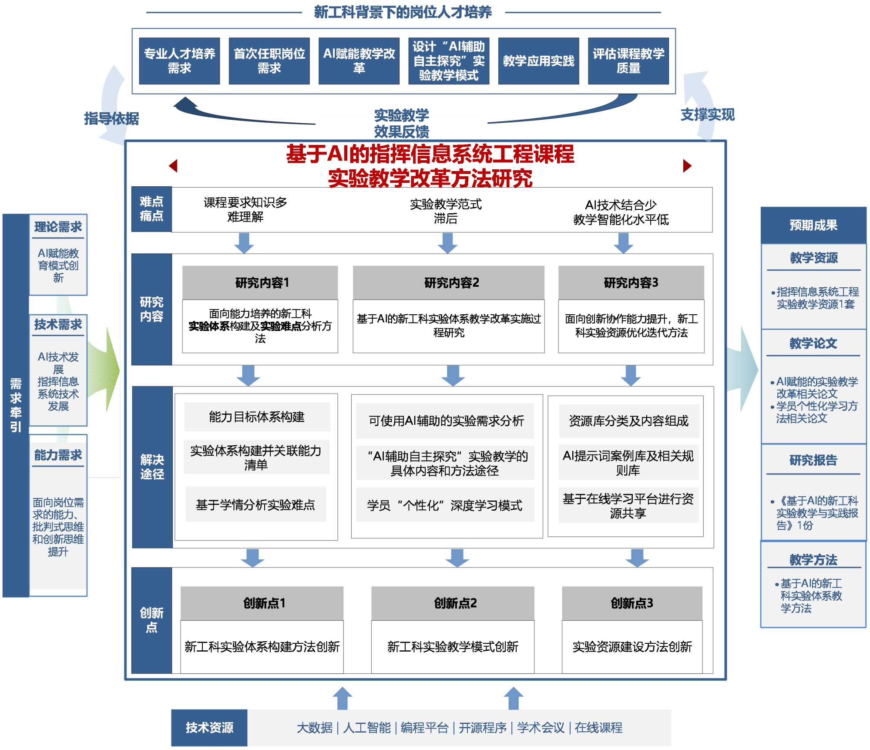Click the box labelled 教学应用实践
tap(538, 61)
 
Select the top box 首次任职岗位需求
tap(269, 61)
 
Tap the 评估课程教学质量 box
tap(628, 61)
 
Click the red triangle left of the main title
tap(173, 166)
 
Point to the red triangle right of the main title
tap(687, 166)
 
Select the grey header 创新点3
tap(632, 603)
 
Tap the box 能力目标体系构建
tap(257, 417)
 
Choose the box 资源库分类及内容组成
tap(628, 421)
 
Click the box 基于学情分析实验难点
tap(255, 505)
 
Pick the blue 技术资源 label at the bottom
tap(209, 727)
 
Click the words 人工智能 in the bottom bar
tap(367, 728)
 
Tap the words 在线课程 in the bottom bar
tap(598, 728)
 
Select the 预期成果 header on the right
tap(813, 225)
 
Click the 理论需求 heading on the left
tap(58, 227)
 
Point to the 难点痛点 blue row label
tap(151, 209)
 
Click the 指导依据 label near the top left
tap(111, 118)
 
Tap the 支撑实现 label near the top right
tap(707, 115)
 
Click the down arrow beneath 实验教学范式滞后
tap(447, 243)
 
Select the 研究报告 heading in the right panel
tap(813, 460)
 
